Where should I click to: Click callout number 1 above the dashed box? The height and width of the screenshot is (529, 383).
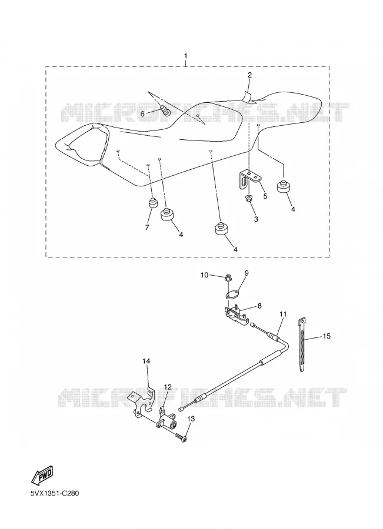pyautogui.click(x=185, y=56)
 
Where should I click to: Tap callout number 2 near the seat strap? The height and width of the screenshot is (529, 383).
pyautogui.click(x=249, y=75)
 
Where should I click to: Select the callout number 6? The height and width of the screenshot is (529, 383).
pyautogui.click(x=142, y=114)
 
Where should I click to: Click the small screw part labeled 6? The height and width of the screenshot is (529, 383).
pyautogui.click(x=166, y=110)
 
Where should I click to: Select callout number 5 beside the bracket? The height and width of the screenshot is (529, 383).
pyautogui.click(x=265, y=196)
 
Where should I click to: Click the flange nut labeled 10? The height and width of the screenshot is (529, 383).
pyautogui.click(x=229, y=279)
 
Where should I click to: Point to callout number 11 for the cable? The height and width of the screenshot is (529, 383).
pyautogui.click(x=283, y=314)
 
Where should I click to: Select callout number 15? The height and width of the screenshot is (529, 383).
pyautogui.click(x=327, y=336)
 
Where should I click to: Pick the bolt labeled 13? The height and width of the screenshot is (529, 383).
pyautogui.click(x=181, y=437)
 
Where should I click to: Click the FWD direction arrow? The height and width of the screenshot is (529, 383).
pyautogui.click(x=42, y=478)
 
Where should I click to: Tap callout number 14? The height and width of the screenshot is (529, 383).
pyautogui.click(x=146, y=361)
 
